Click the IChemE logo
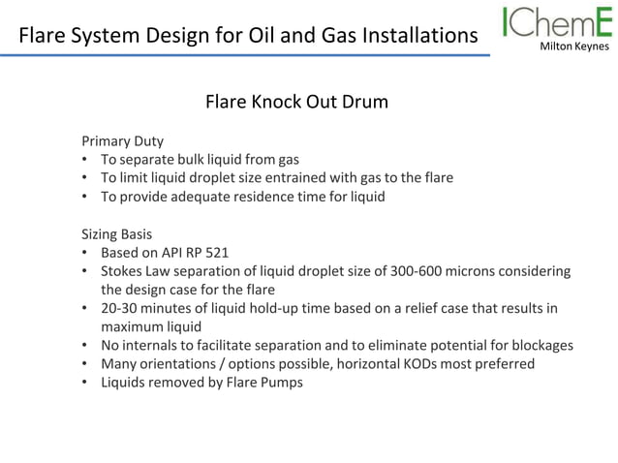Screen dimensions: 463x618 557,23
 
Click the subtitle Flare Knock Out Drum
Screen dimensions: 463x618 296,102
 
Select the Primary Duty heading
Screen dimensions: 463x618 121,140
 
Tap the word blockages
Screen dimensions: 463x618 541,345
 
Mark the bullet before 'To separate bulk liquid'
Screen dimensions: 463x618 85,160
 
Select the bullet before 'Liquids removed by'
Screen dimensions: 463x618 85,383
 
